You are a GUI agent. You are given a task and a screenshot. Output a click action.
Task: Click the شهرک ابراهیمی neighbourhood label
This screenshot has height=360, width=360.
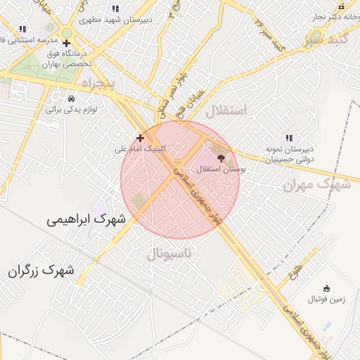pos(86,219)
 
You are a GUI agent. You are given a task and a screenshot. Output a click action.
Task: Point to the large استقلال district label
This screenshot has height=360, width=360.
pos(226,110)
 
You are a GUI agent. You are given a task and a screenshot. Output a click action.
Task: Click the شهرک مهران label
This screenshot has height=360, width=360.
pos(316,184)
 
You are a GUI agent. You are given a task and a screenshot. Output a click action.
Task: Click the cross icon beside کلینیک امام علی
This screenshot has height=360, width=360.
pos(140,138)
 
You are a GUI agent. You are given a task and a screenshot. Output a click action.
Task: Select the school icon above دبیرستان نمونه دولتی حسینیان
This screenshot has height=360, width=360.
pos(288,138)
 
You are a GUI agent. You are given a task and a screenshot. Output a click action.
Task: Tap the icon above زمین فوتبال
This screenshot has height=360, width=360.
pos(326,288)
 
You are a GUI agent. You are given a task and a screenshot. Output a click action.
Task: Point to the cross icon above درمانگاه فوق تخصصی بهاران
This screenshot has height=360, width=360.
pos(66,43)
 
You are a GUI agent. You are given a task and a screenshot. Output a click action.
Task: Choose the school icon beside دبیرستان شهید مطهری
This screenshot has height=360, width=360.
pos(115,9)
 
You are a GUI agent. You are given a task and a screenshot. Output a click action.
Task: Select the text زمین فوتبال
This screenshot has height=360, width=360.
pos(326,300)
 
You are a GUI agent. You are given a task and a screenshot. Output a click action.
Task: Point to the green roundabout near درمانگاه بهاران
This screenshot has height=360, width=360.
pos(67,32)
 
